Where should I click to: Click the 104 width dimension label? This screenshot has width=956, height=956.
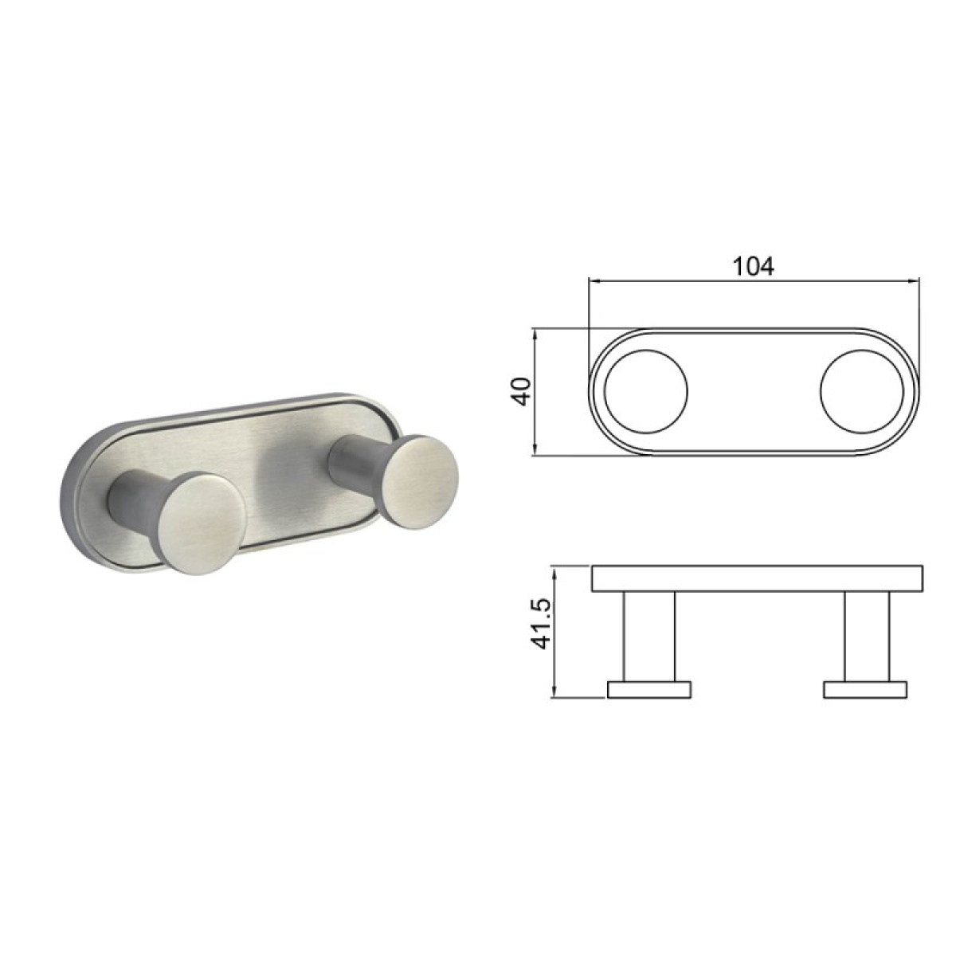[754, 267]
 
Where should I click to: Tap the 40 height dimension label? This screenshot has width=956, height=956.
[523, 391]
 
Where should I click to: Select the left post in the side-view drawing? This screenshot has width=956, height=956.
[649, 636]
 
